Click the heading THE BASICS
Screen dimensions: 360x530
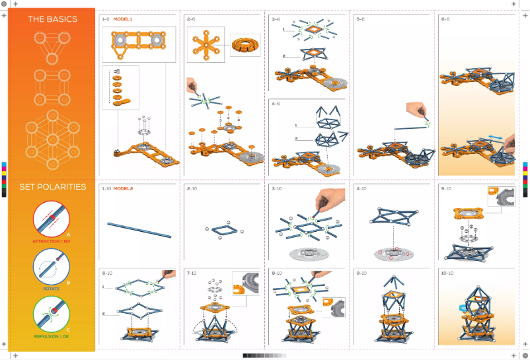(52, 19)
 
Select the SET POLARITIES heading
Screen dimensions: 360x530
(52, 187)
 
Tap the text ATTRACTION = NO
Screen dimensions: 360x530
(52, 241)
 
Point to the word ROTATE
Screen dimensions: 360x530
(52, 289)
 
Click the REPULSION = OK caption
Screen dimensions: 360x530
(52, 336)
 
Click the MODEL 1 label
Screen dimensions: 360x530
(122, 19)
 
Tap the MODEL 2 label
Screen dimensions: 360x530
(123, 189)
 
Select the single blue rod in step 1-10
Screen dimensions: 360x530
(139, 229)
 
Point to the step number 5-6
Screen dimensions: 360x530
(361, 19)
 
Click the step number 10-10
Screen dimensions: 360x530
(447, 273)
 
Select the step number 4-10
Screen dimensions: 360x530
(362, 189)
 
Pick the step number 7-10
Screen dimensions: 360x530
(193, 273)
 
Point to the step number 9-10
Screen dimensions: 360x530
(361, 273)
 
